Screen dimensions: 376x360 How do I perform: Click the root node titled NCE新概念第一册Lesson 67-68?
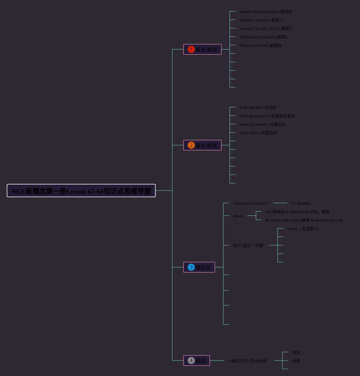pyautogui.click(x=81, y=191)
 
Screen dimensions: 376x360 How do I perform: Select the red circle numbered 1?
pyautogui.click(x=191, y=49)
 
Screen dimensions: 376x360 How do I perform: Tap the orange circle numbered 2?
pyautogui.click(x=191, y=145)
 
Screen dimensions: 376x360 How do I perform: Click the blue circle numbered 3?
pyautogui.click(x=191, y=267)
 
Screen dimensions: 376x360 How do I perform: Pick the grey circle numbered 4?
pyautogui.click(x=191, y=360)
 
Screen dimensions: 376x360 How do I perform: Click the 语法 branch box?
pyautogui.click(x=197, y=360)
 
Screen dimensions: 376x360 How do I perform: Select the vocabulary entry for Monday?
pyautogui.click(x=261, y=20)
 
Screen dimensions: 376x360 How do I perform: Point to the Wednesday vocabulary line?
pyautogui.click(x=264, y=37)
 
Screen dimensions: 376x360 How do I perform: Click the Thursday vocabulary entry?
pyautogui.click(x=260, y=45)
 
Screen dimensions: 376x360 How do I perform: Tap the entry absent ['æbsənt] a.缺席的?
pyautogui.click(x=266, y=12)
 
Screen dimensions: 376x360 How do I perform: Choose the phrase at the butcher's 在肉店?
pyautogui.click(x=258, y=107)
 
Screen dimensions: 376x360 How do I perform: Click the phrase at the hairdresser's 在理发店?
pyautogui.click(x=262, y=124)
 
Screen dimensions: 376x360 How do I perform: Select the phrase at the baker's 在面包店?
pyautogui.click(x=258, y=133)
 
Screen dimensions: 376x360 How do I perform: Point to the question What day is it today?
pyautogui.click(x=251, y=203)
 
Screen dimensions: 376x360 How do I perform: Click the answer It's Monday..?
pyautogui.click(x=302, y=203)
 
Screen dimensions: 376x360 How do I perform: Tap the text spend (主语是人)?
pyautogui.click(x=303, y=229)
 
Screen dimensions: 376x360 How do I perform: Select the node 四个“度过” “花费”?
pyautogui.click(x=249, y=245)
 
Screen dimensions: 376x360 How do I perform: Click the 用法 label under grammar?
pyautogui.click(x=296, y=352)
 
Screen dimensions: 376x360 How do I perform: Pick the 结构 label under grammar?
pyautogui.click(x=296, y=361)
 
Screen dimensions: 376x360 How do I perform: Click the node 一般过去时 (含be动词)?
pyautogui.click(x=248, y=361)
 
